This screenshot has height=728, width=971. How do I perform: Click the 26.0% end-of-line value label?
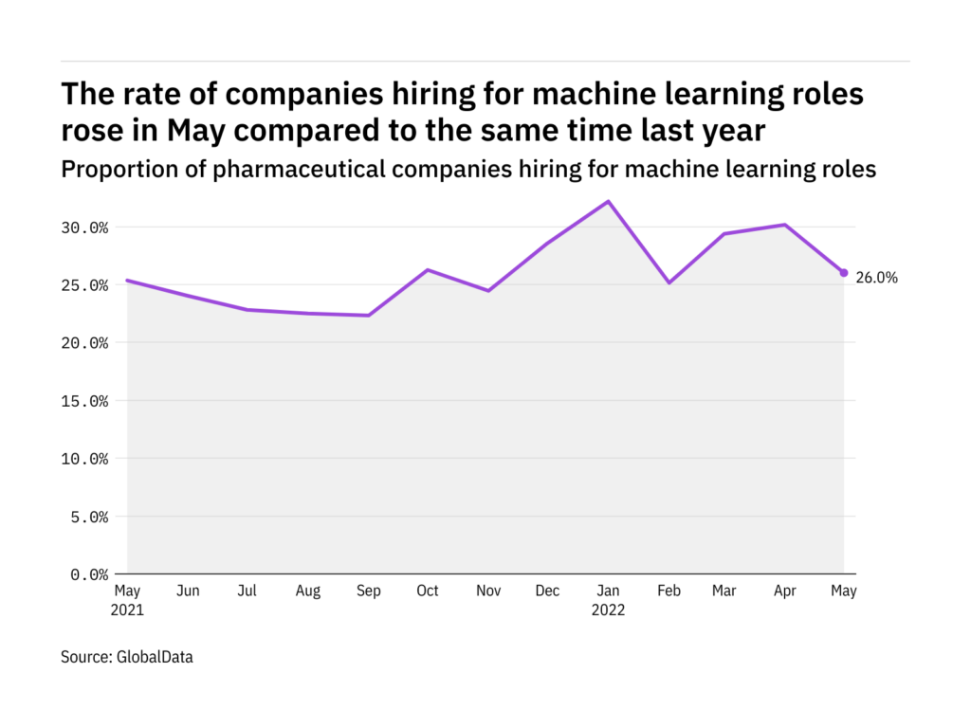[876, 279]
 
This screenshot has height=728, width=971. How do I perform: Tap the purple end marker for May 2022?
[844, 273]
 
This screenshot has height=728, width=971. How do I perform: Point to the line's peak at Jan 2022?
[608, 201]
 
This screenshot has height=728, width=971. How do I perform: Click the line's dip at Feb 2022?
[669, 282]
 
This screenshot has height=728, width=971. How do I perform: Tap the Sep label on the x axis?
[368, 591]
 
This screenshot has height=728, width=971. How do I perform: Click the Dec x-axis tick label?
[547, 591]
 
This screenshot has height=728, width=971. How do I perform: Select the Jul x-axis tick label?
[247, 591]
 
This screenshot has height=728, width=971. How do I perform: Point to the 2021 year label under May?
[128, 610]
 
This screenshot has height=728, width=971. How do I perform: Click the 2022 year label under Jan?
[608, 610]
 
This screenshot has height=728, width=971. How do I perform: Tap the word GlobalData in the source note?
[156, 656]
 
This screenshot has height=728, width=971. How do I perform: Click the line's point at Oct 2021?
[428, 270]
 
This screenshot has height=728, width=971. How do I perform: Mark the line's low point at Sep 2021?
[368, 316]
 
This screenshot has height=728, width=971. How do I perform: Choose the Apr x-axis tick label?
[784, 591]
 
